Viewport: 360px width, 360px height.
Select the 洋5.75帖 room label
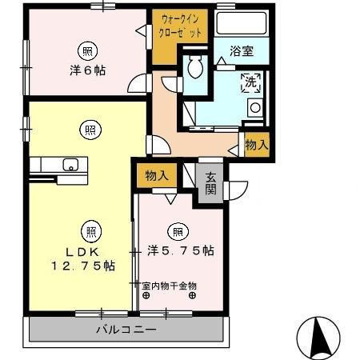pyautogui.click(x=180, y=250)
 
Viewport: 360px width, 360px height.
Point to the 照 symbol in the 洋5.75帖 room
pyautogui.click(x=178, y=232)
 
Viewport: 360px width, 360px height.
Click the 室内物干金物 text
pyautogui.click(x=170, y=285)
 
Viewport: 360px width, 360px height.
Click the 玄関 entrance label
pyautogui.click(x=210, y=185)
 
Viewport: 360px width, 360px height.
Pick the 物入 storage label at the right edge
pyautogui.click(x=257, y=146)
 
